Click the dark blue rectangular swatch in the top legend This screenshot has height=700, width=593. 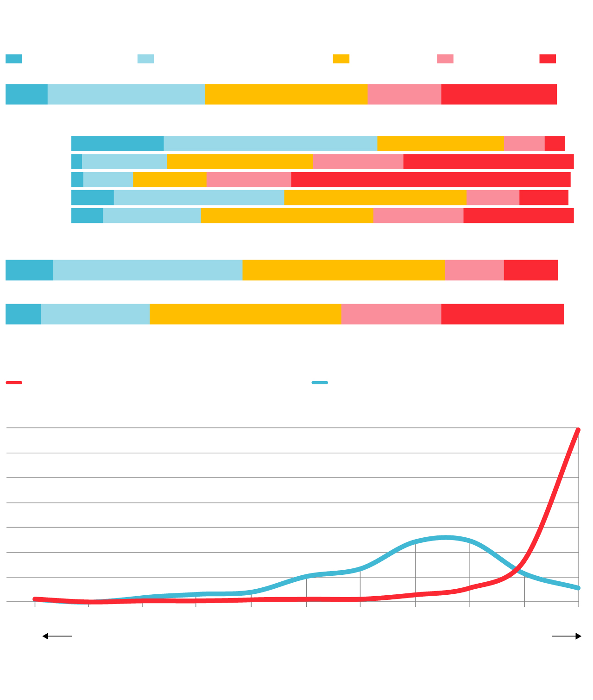(x=13, y=59)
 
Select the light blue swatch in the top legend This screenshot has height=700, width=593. (x=145, y=59)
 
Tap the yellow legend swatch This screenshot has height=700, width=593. (x=341, y=59)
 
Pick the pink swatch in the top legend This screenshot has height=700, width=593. (x=445, y=59)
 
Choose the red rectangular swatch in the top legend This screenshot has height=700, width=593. (x=547, y=59)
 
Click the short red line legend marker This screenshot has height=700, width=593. (x=14, y=382)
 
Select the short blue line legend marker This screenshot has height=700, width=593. (x=320, y=382)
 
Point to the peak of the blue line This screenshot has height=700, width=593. (x=445, y=537)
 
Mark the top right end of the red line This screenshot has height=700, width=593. (x=578, y=430)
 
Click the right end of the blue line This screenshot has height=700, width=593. (x=578, y=588)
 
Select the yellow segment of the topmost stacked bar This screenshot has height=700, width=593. (x=286, y=94)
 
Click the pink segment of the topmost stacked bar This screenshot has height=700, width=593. (x=404, y=94)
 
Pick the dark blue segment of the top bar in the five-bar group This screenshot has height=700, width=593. (x=117, y=144)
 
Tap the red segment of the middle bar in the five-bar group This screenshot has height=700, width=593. (x=430, y=179)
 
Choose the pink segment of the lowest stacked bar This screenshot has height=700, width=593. (x=391, y=314)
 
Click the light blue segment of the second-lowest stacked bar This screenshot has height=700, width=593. (x=147, y=270)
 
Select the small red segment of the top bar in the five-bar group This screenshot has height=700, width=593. (x=555, y=144)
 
